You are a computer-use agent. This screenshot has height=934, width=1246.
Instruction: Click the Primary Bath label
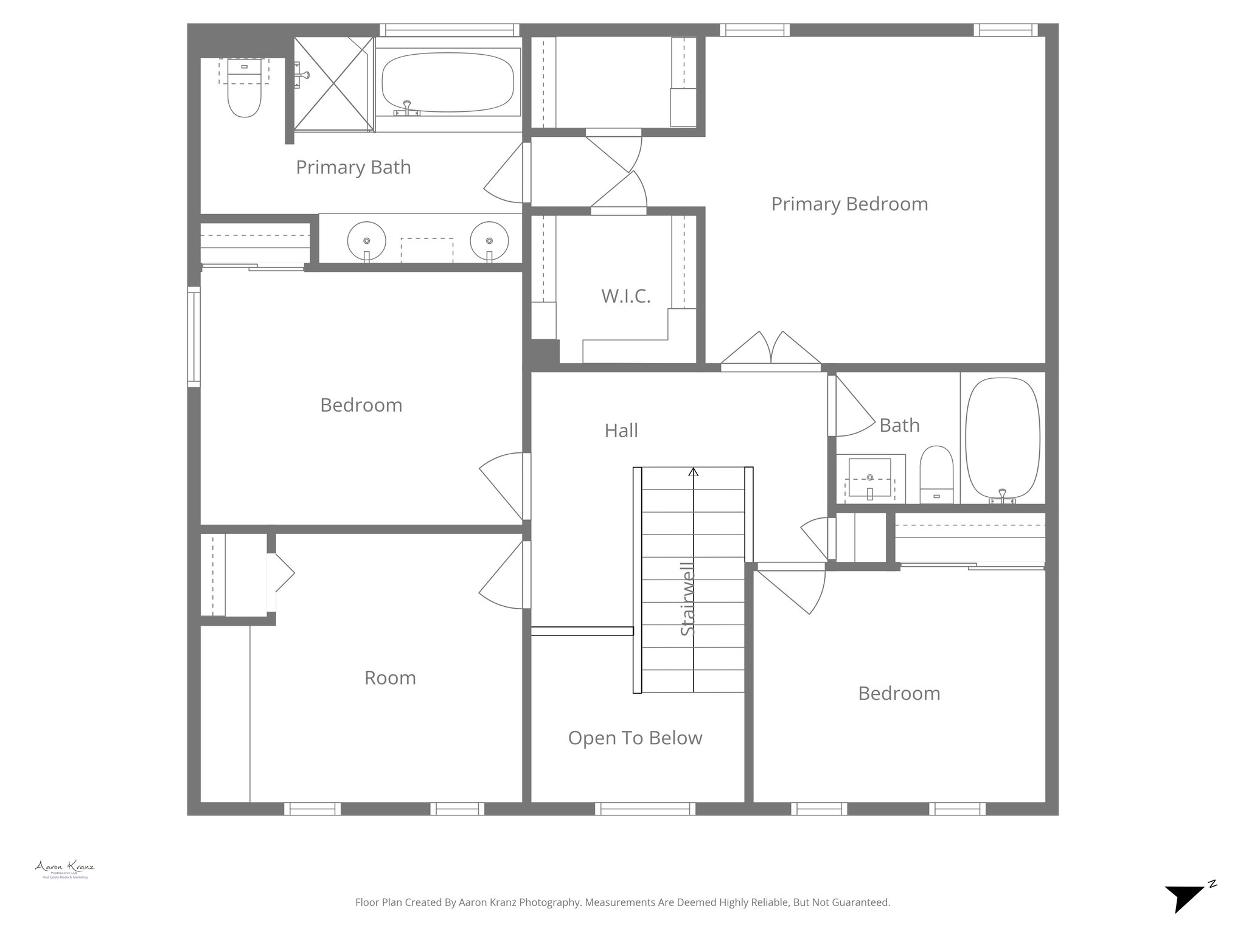coord(353,167)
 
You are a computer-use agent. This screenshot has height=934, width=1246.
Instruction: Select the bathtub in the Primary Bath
coord(448,83)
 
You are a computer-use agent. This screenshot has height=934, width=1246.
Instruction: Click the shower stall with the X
coord(333,84)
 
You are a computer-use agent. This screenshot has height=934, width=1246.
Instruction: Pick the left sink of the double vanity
coord(366,240)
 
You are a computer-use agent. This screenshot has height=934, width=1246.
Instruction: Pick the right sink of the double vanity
coord(489,240)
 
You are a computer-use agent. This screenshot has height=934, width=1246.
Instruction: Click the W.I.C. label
coord(625,296)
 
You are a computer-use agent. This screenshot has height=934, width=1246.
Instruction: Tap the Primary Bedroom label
coord(849,204)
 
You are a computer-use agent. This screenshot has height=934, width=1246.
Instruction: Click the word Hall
coord(621,431)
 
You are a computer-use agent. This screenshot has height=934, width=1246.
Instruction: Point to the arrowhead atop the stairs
coord(693,471)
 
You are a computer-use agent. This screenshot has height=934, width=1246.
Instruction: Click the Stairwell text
coord(687,599)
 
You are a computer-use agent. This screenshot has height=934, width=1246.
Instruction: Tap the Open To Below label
coord(635,738)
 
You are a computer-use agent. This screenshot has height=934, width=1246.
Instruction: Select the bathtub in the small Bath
coord(1002,438)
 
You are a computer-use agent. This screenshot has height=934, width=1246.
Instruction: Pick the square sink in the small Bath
coord(869,477)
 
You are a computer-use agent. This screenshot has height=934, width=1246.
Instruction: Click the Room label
coord(390,677)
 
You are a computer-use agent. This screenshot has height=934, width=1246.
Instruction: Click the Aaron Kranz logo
coord(64,869)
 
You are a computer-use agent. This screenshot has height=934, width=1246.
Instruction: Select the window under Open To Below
coord(645,809)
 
